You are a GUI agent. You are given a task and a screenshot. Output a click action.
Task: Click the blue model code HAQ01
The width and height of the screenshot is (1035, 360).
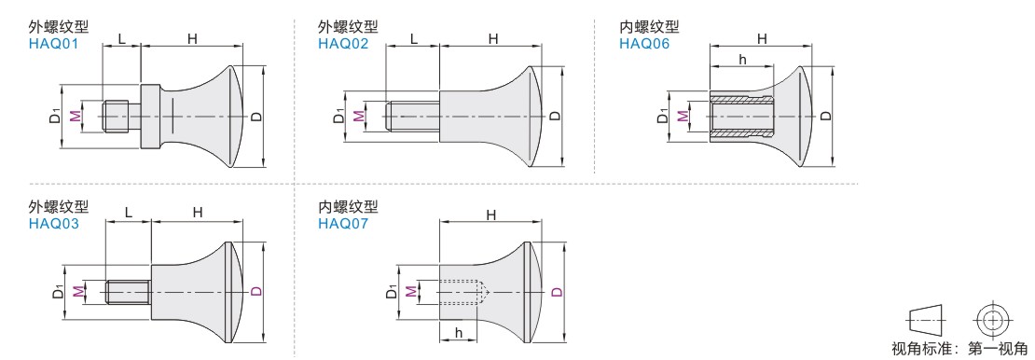pyautogui.click(x=53, y=44)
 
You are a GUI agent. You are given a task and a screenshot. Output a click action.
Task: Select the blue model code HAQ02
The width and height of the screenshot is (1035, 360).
pyautogui.click(x=343, y=44)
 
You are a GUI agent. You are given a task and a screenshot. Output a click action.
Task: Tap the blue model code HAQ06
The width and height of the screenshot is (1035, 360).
pyautogui.click(x=644, y=44)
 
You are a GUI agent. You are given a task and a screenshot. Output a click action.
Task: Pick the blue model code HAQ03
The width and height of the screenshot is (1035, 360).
pyautogui.click(x=53, y=223)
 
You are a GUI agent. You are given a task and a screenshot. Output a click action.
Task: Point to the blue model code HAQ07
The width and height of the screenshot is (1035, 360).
pyautogui.click(x=343, y=223)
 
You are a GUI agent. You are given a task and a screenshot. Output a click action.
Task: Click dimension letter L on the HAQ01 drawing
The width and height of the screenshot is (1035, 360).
pyautogui.click(x=121, y=39)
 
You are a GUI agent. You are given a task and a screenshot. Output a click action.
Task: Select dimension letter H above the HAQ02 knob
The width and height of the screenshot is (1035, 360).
pyautogui.click(x=493, y=39)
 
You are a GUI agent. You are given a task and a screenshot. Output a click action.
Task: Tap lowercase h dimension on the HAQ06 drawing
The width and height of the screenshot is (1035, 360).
pyautogui.click(x=742, y=60)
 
